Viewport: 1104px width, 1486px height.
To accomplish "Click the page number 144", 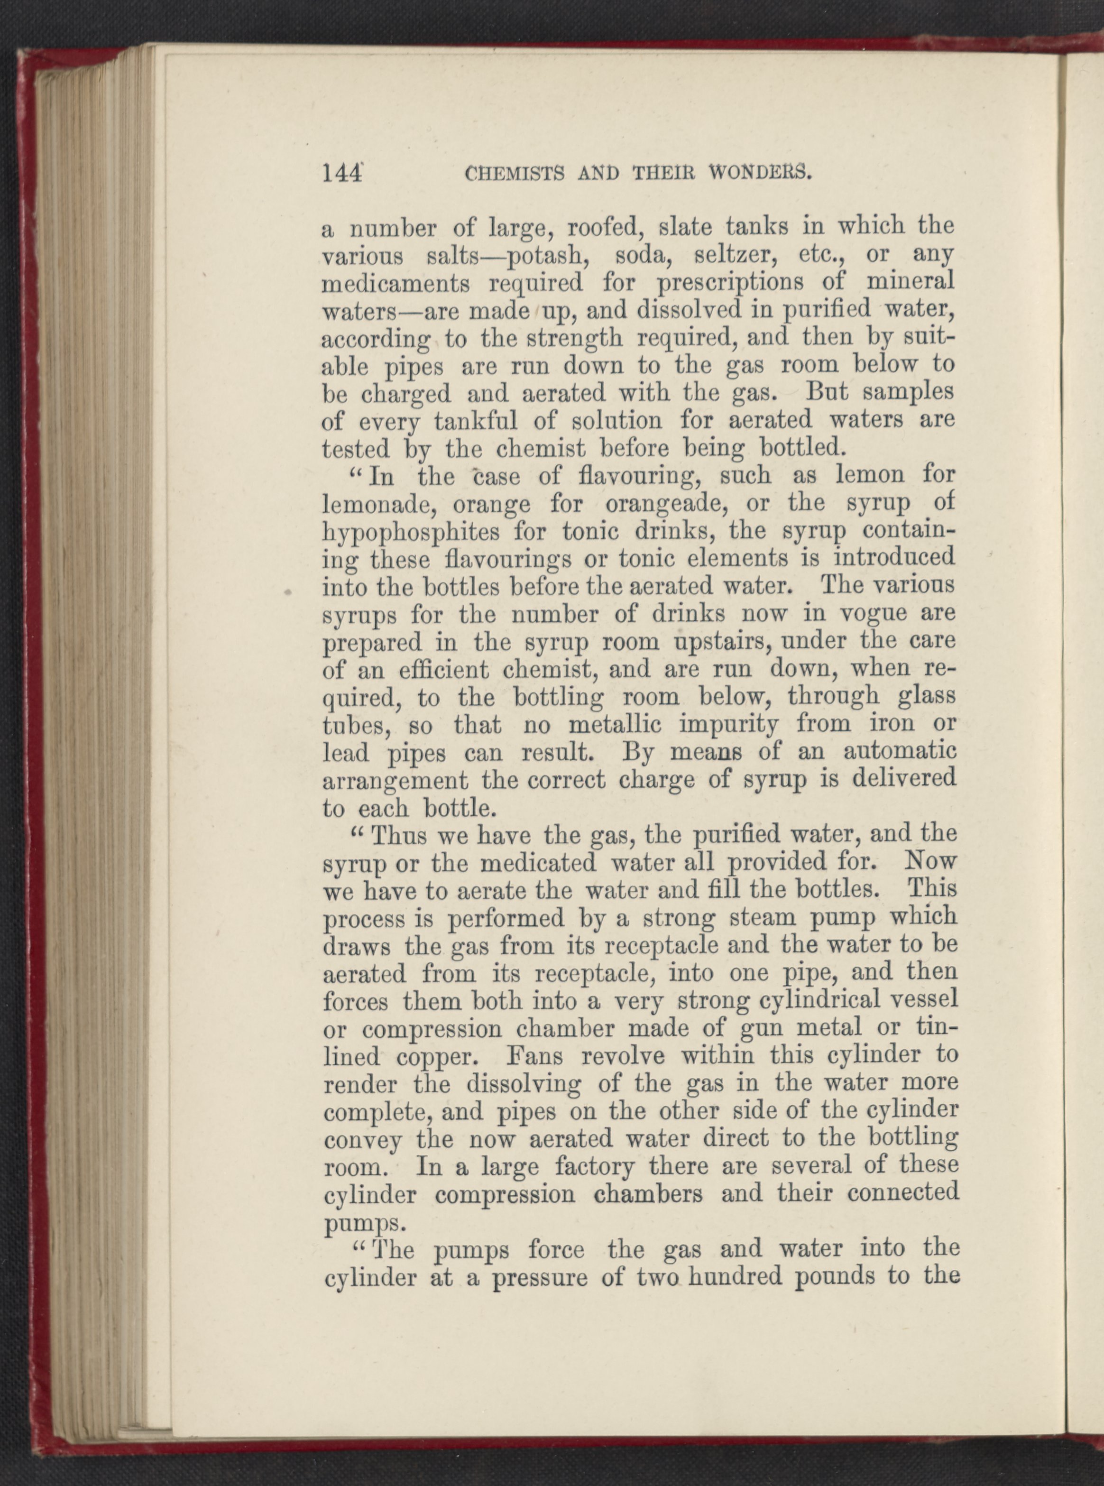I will point(341,174).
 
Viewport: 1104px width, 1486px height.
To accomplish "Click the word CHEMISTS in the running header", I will point(507,175).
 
